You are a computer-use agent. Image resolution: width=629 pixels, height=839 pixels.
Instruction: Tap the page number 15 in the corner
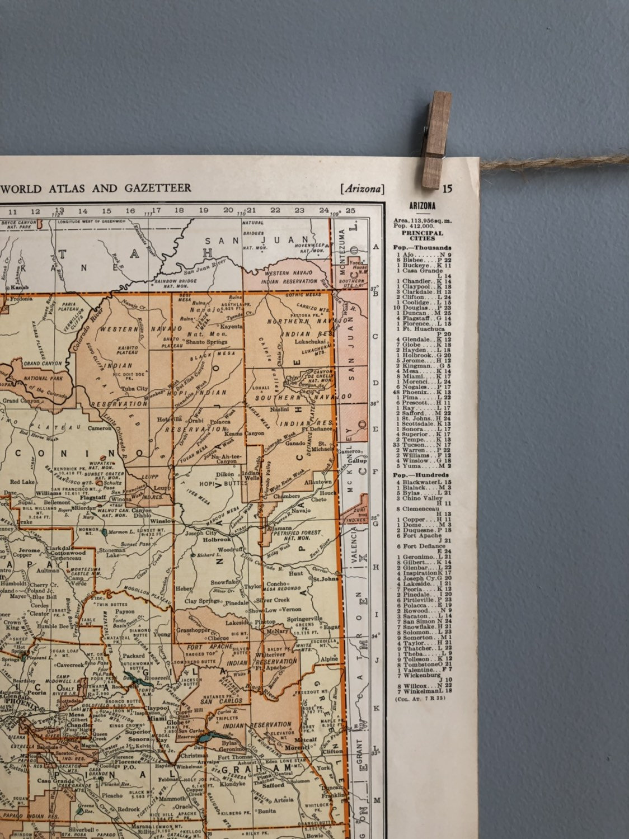[447, 188]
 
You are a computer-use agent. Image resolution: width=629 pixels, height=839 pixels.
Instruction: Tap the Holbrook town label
[215, 540]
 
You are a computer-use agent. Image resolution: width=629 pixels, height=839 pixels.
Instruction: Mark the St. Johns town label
[326, 579]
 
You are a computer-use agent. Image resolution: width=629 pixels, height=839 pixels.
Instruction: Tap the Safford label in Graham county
[274, 785]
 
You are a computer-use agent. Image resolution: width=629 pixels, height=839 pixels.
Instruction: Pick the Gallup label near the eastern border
[358, 460]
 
